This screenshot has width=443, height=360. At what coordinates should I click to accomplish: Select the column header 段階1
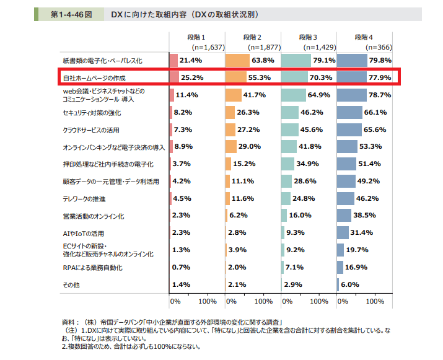200,37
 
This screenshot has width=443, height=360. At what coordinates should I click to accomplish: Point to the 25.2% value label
192,78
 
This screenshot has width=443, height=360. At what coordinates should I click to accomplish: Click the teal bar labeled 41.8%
292,147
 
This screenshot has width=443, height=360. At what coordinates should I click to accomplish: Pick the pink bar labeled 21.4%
173,61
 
